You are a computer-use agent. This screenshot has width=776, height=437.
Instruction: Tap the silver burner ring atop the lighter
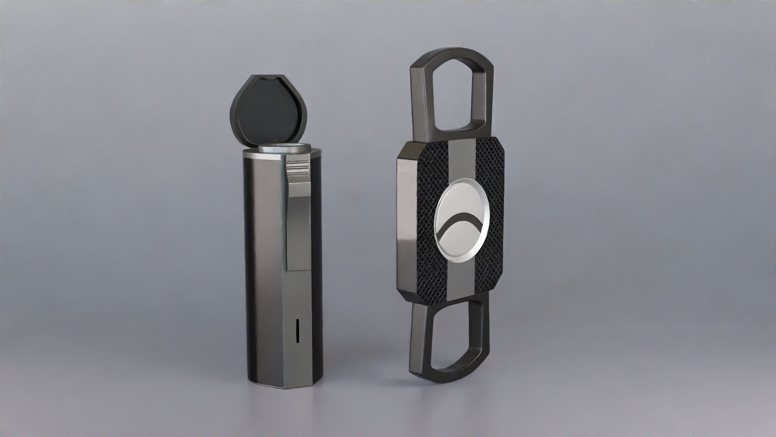(285, 148)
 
